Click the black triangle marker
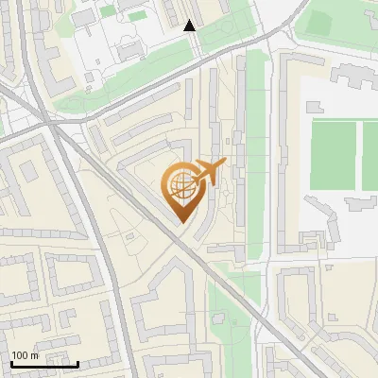point(190,26)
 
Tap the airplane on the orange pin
point(208,172)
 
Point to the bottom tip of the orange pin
point(180,222)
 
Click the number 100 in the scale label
point(21,355)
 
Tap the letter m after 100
point(35,355)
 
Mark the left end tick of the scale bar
point(10,363)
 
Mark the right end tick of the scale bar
point(77,363)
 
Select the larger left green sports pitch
point(333,153)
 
